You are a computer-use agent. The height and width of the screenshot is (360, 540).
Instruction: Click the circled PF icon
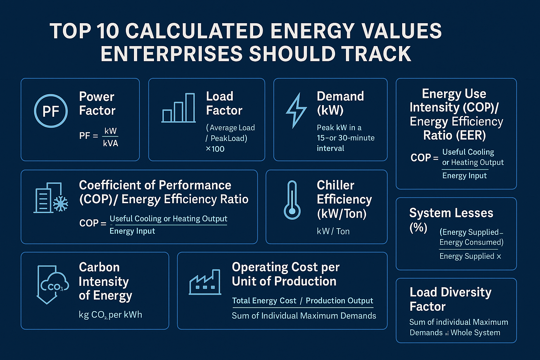51,111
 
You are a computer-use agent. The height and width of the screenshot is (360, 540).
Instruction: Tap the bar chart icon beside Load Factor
179,108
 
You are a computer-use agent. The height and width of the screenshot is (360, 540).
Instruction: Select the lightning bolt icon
296,110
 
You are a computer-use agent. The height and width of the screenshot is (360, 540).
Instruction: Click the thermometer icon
292,200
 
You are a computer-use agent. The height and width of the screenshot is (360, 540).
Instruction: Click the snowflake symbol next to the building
60,204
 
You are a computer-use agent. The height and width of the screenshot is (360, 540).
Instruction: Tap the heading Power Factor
97,103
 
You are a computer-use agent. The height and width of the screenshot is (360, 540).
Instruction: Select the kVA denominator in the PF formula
110,143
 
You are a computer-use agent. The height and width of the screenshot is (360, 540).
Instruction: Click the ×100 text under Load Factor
215,149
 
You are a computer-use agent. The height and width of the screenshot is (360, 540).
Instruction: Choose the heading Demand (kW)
340,103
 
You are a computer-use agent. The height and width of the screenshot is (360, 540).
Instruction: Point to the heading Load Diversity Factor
450,299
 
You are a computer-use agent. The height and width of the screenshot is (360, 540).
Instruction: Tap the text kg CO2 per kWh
110,315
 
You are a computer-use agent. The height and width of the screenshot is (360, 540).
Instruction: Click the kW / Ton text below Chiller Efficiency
333,231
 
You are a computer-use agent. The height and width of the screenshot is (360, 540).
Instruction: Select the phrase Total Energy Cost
264,301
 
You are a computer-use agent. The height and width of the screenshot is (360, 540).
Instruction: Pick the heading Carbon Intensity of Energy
105,281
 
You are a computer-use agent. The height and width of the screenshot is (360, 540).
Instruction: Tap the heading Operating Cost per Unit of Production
285,274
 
